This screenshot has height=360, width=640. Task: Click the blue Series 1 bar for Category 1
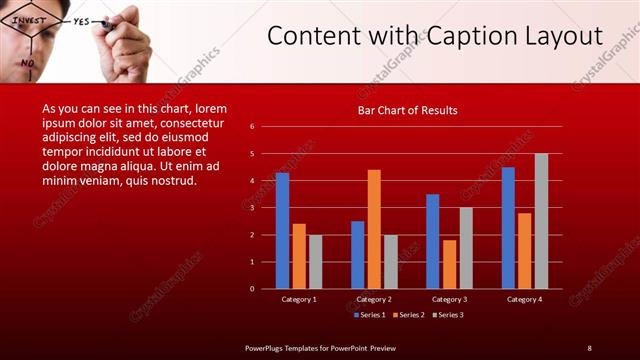click(282, 231)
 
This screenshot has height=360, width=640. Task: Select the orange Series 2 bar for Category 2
click(374, 229)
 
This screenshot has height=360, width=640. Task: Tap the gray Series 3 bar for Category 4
click(541, 221)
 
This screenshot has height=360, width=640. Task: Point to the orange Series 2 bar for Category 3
click(449, 264)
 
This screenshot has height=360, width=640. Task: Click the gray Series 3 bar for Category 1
click(315, 262)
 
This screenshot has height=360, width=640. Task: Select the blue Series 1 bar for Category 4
click(508, 228)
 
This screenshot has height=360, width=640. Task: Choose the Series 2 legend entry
click(407, 315)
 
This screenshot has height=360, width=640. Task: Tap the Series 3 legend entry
click(448, 315)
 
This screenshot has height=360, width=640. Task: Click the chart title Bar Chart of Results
click(407, 110)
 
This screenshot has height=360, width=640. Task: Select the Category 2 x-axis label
click(374, 299)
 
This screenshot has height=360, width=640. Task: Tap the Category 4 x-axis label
click(524, 299)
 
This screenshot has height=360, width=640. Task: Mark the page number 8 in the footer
click(589, 347)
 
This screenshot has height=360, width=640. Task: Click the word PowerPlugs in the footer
click(267, 347)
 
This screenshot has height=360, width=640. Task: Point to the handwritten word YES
click(82, 21)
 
